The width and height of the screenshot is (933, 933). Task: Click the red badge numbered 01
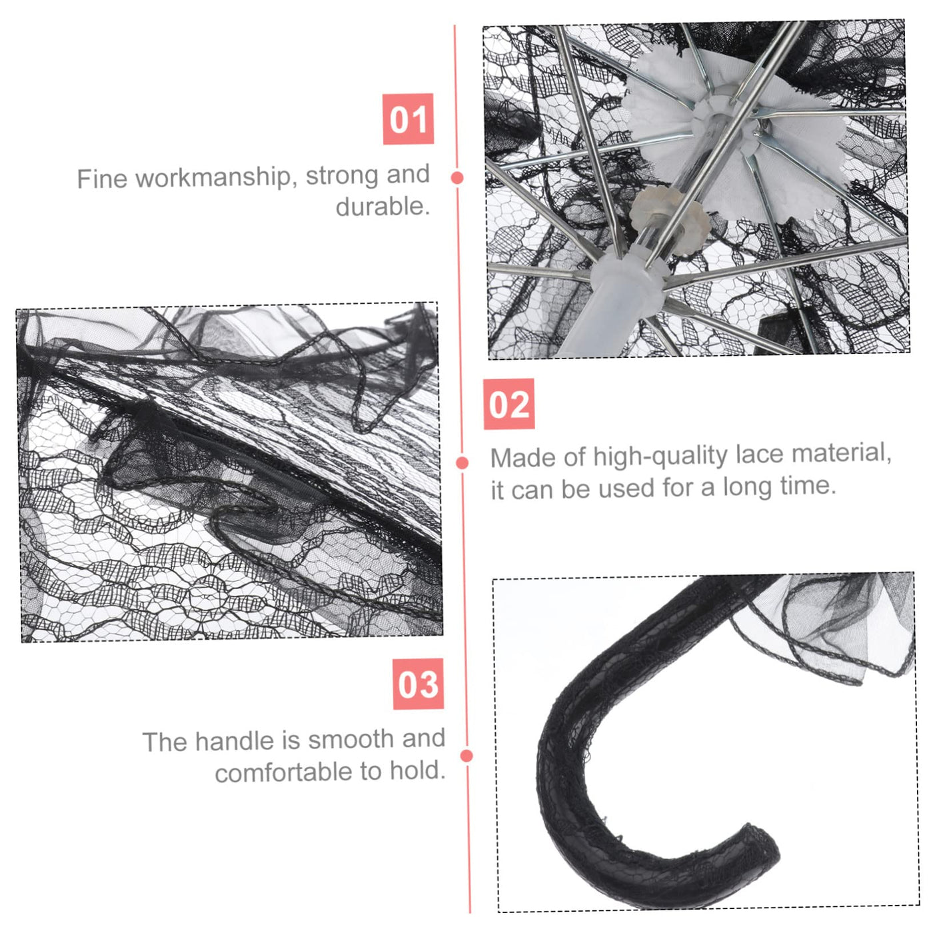pyautogui.click(x=408, y=119)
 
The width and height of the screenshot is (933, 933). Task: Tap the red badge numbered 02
pyautogui.click(x=509, y=405)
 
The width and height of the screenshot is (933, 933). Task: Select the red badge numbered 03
pyautogui.click(x=419, y=684)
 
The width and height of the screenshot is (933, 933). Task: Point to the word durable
pyautogui.click(x=383, y=207)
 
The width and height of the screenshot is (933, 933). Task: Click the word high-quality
pyautogui.click(x=660, y=457)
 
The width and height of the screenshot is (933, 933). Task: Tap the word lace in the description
pyautogui.click(x=759, y=455)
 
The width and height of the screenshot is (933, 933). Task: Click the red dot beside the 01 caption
pyautogui.click(x=457, y=178)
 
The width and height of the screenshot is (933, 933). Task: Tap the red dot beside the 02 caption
pyautogui.click(x=463, y=463)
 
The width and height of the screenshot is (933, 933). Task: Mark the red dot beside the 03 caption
pyautogui.click(x=467, y=756)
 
